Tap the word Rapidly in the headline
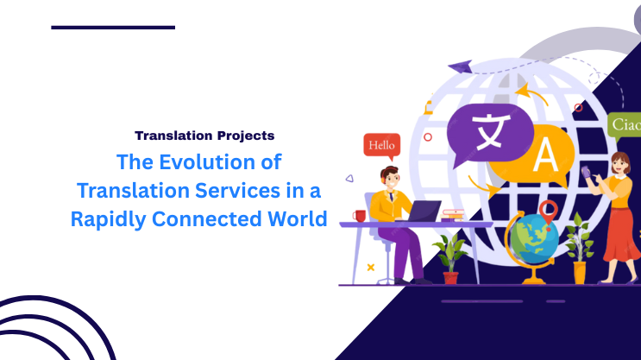109,218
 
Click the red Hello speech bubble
381,146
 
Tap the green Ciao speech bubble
625,126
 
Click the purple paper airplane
460,66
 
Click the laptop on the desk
423,212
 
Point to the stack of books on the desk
454,214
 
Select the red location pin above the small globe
547,208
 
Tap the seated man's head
390,180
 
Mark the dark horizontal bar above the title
113,28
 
